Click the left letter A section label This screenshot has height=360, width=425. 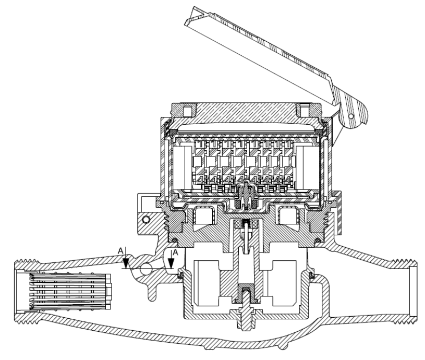point(120,250)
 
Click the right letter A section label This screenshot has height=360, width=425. point(175,253)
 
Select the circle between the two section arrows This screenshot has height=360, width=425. point(146,268)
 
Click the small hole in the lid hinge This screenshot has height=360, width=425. point(351,116)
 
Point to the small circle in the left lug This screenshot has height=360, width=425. point(146,219)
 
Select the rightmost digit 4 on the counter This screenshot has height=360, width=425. point(287,179)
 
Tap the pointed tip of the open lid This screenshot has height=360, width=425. point(186,25)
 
